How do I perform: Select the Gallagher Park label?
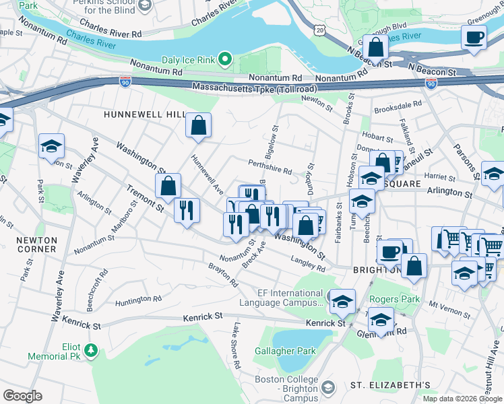[285, 351]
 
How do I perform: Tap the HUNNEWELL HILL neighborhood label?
[144, 115]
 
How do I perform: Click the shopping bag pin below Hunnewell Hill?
[199, 125]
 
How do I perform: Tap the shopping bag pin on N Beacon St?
[377, 46]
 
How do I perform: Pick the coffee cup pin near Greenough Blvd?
[474, 36]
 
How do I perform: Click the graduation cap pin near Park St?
[51, 146]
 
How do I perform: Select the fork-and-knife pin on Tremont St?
[187, 209]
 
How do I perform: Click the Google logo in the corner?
[22, 395]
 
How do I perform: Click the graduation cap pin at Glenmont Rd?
[381, 320]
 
